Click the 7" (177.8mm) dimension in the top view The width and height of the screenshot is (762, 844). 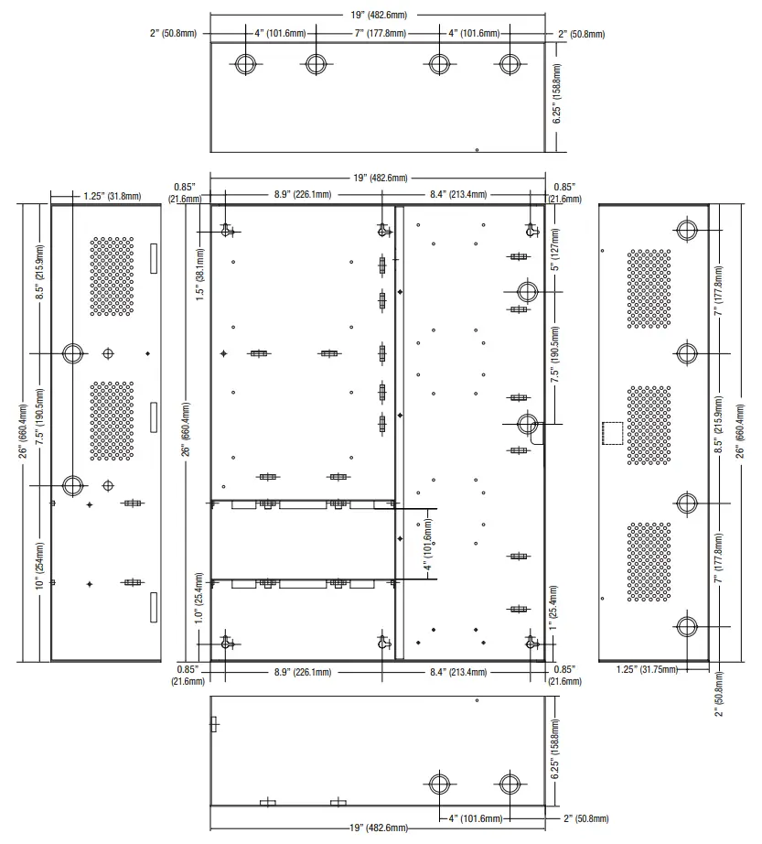(x=381, y=33)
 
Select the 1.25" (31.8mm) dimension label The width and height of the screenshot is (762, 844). (x=112, y=196)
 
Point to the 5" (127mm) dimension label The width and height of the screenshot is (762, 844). (x=555, y=249)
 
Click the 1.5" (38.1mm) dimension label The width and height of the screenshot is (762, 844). (x=200, y=274)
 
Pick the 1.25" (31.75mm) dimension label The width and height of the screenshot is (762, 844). (x=647, y=669)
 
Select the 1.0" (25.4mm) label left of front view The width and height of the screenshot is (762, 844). (x=199, y=598)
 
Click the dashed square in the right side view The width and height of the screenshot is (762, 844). (x=613, y=433)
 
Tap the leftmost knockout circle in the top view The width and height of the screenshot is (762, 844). (x=246, y=63)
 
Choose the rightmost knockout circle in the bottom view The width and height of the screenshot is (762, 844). (x=510, y=784)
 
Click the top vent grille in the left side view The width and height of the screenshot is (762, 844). (x=112, y=276)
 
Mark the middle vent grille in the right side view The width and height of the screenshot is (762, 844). (x=649, y=426)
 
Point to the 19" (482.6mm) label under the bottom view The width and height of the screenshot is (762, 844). (x=379, y=828)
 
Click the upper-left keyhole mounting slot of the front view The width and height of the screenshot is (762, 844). (x=226, y=231)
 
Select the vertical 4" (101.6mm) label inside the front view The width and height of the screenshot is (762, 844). (x=428, y=545)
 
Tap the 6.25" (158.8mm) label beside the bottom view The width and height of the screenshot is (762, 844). (x=555, y=749)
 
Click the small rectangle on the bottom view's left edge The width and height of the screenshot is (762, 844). (x=213, y=724)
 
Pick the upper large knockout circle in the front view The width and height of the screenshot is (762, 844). (x=528, y=291)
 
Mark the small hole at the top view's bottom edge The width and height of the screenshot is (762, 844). (x=477, y=149)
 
